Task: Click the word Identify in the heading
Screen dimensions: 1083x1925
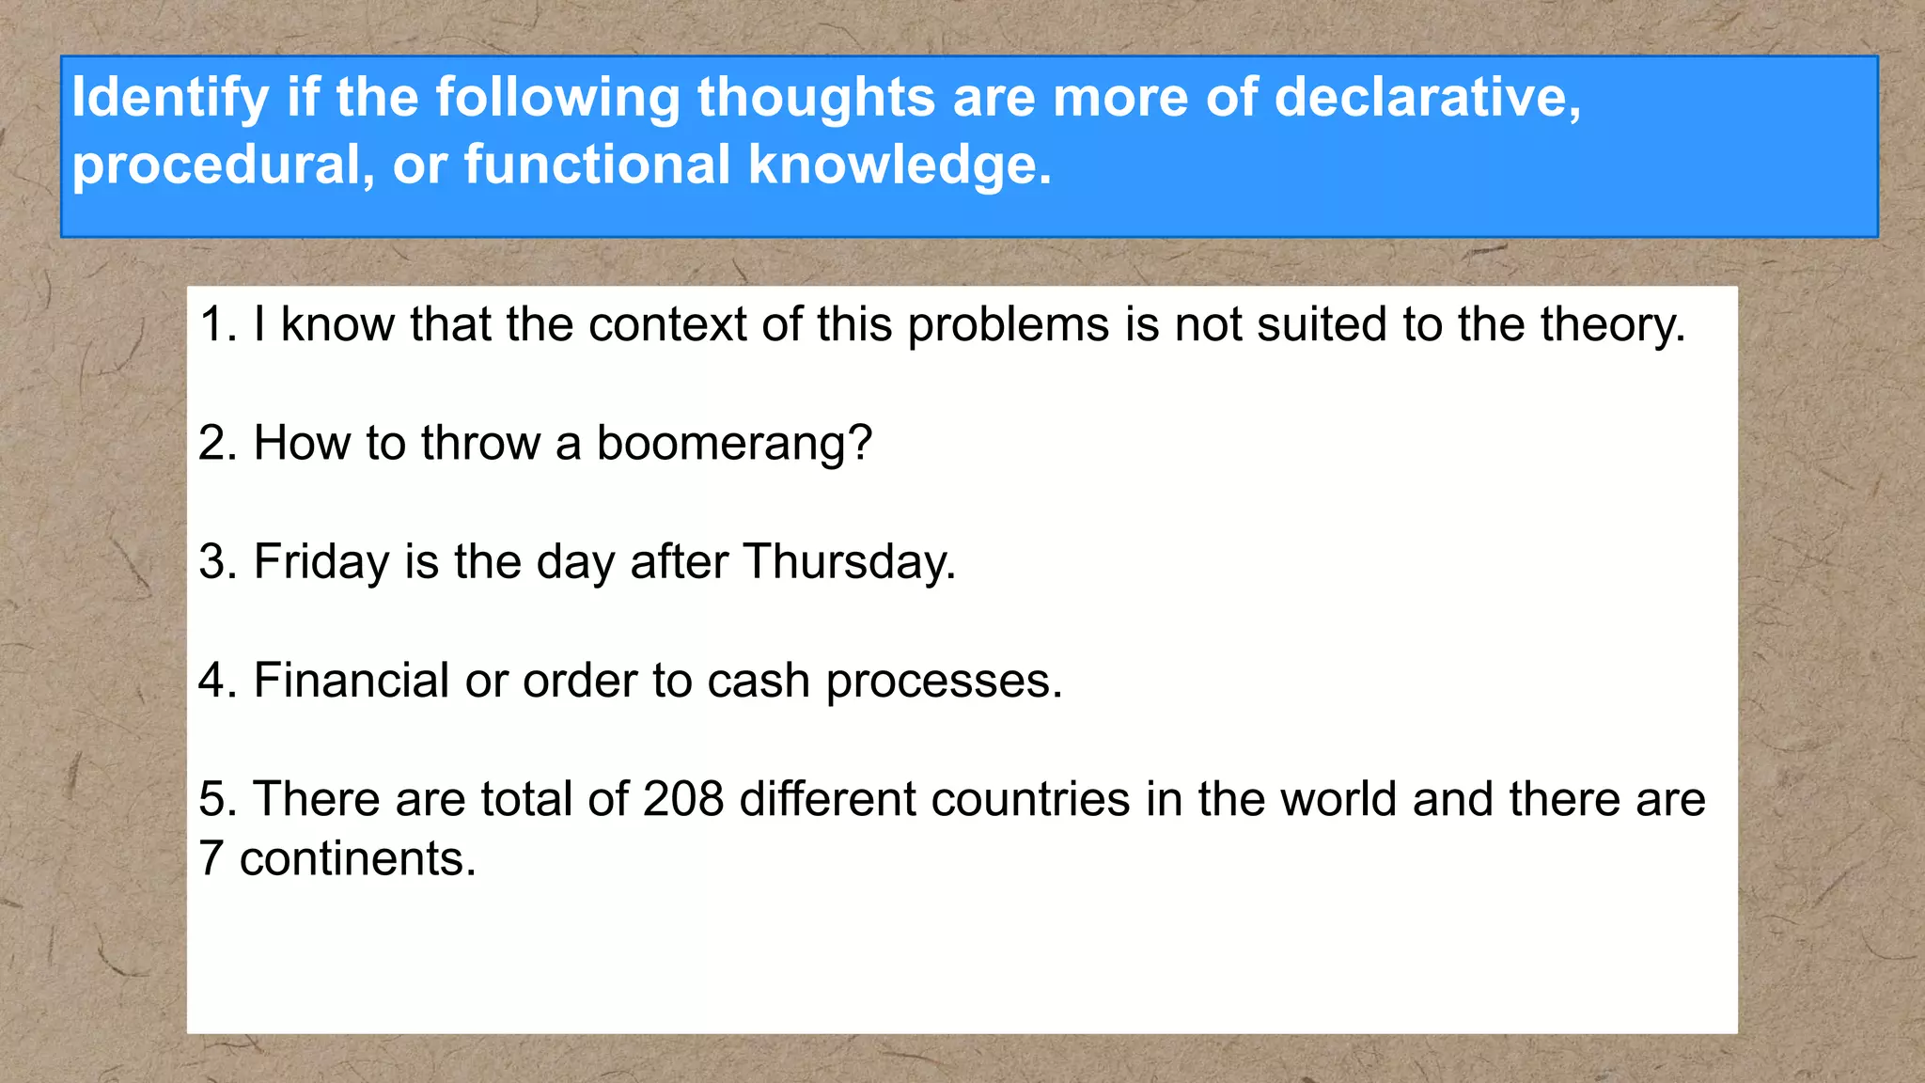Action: coord(170,98)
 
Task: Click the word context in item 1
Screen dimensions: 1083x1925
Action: coord(667,324)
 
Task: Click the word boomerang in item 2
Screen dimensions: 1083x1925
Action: coord(734,444)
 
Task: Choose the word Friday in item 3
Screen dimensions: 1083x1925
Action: coord(321,562)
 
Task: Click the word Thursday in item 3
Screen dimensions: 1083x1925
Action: coord(849,562)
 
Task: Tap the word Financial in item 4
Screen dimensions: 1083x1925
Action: coord(352,680)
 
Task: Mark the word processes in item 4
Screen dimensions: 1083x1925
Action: coord(944,682)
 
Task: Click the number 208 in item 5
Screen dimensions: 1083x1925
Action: coord(683,799)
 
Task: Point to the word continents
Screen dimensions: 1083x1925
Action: coord(357,858)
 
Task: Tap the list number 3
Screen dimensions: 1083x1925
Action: coord(217,562)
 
